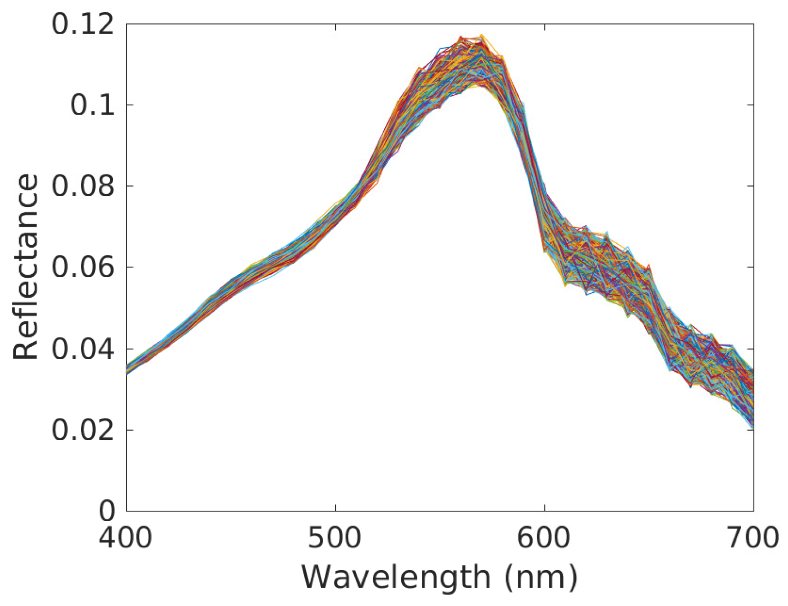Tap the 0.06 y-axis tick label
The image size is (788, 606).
click(83, 267)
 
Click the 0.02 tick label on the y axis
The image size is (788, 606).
click(83, 430)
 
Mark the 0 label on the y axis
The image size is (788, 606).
click(107, 510)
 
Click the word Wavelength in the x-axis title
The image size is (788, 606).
click(396, 578)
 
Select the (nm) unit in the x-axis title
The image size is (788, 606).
click(541, 578)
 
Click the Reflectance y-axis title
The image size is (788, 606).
click(25, 267)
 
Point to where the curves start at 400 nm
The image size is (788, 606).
click(127, 370)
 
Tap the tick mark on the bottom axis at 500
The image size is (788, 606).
click(335, 508)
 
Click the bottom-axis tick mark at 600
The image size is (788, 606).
click(545, 508)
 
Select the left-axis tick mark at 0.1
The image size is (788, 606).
click(129, 105)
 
